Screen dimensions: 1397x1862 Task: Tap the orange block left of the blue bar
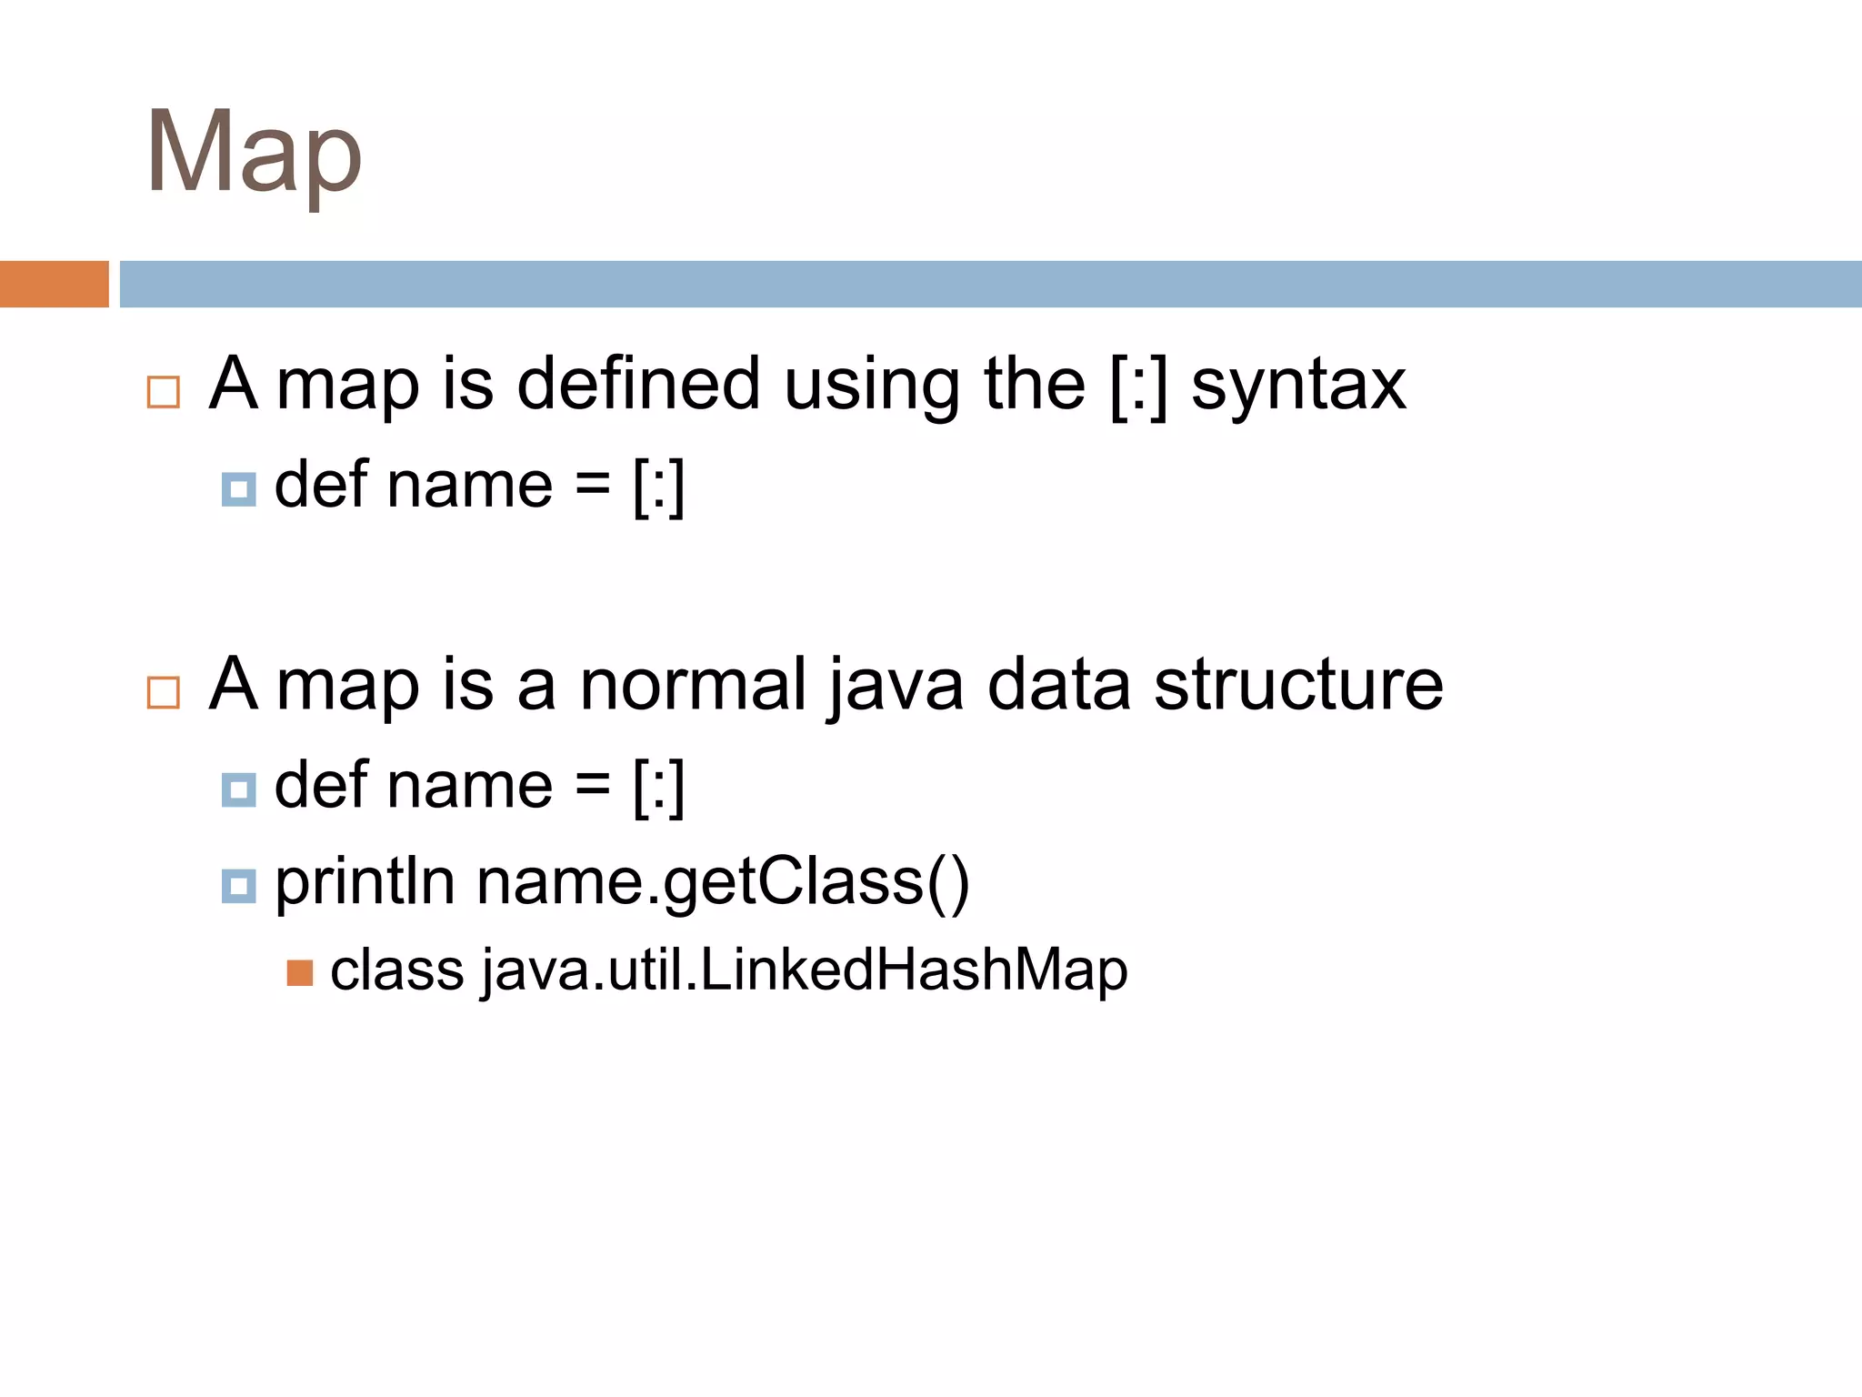pyautogui.click(x=54, y=284)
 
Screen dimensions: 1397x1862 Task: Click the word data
pyautogui.click(x=1059, y=685)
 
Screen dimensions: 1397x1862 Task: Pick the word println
pyautogui.click(x=365, y=881)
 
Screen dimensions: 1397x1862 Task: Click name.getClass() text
pyautogui.click(x=723, y=883)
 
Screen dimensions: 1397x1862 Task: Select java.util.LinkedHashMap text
pyautogui.click(x=805, y=970)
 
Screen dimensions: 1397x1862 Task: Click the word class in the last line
pyautogui.click(x=397, y=970)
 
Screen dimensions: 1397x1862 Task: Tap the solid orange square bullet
pyautogui.click(x=300, y=973)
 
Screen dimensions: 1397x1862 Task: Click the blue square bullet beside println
pyautogui.click(x=239, y=886)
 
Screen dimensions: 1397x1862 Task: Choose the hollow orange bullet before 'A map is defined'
pyautogui.click(x=164, y=393)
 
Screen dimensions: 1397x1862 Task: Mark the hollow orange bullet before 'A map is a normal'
pyautogui.click(x=164, y=693)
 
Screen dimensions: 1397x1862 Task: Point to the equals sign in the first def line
pyautogui.click(x=592, y=485)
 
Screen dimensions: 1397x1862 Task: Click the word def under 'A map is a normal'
pyautogui.click(x=319, y=784)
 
